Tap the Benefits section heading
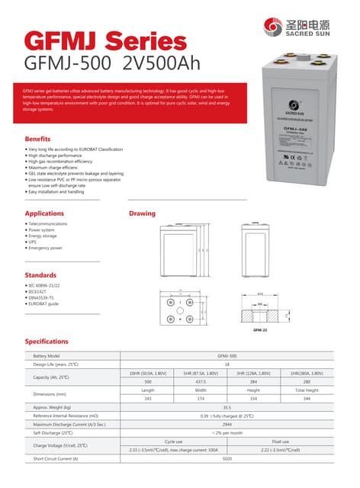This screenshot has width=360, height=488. pyautogui.click(x=37, y=140)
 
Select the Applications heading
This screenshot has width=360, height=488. pyautogui.click(x=44, y=213)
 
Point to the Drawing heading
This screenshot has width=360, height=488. pyautogui.click(x=142, y=213)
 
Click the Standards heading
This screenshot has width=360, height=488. pyautogui.click(x=40, y=274)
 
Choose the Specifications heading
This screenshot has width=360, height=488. pyautogui.click(x=47, y=341)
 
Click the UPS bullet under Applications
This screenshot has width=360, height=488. pyautogui.click(x=33, y=242)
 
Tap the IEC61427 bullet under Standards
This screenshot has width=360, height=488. pyautogui.click(x=37, y=291)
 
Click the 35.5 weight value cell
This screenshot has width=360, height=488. pyautogui.click(x=227, y=408)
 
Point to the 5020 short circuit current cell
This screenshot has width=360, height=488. pyautogui.click(x=227, y=458)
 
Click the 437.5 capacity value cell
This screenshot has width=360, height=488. pyautogui.click(x=201, y=381)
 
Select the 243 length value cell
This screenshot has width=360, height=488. pyautogui.click(x=148, y=399)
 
